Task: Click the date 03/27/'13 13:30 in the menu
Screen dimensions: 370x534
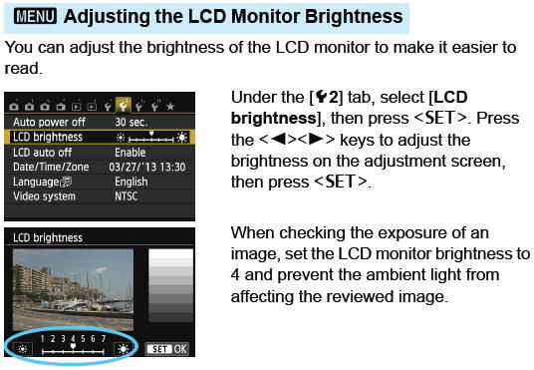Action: pyautogui.click(x=149, y=167)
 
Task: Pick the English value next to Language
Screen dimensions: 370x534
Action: pyautogui.click(x=132, y=183)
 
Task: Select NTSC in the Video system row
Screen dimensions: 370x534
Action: pyautogui.click(x=129, y=197)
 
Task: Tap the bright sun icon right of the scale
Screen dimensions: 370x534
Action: pyautogui.click(x=123, y=349)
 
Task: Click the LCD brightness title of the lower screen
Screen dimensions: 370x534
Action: pyautogui.click(x=49, y=238)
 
